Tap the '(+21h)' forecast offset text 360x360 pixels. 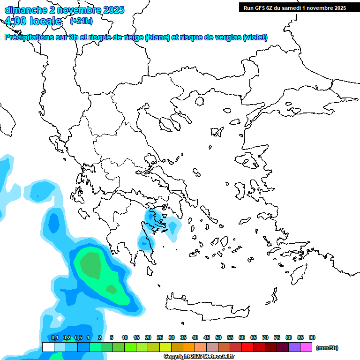pyautogui.click(x=81, y=21)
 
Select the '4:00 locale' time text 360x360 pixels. pyautogui.click(x=33, y=21)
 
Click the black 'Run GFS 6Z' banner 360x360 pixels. pyautogui.click(x=294, y=7)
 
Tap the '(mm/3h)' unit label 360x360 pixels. pyautogui.click(x=327, y=348)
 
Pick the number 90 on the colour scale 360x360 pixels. pyautogui.click(x=312, y=337)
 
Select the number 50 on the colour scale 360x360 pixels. pyautogui.click(x=218, y=337)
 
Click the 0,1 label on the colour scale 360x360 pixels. pyautogui.click(x=54, y=337)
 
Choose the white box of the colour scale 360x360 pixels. pyautogui.click(x=48, y=347)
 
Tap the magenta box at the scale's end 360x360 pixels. pyautogui.click(x=306, y=347)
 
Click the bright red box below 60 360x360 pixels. pyautogui.click(x=247, y=347)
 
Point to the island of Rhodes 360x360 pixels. pyautogui.click(x=298, y=274)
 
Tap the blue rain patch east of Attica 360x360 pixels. pyautogui.click(x=174, y=228)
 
